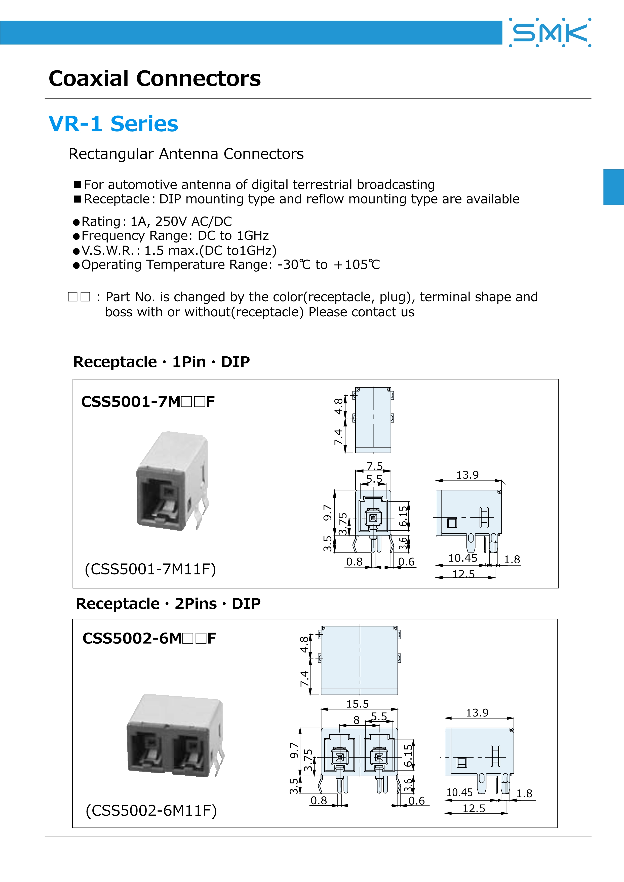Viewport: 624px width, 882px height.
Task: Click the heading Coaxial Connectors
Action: coord(154,79)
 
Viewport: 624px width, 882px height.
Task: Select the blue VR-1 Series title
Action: coord(113,124)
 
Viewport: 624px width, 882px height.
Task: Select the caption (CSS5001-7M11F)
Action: coord(150,569)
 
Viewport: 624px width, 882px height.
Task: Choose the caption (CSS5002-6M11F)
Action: coord(151,811)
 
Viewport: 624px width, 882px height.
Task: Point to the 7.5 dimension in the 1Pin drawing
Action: coord(374,466)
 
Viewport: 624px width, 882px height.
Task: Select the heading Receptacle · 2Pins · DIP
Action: coord(168,604)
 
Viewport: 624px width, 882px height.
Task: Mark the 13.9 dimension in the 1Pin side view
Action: coord(467,475)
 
